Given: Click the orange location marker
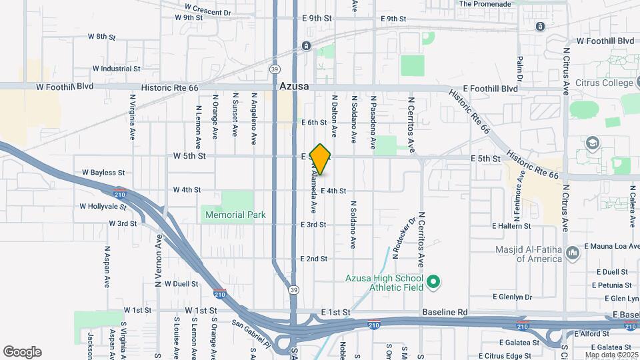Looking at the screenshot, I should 321,159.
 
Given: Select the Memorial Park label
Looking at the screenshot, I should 235,215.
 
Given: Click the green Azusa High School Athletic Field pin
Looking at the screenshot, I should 434,282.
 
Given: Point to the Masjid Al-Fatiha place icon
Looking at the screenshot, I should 572,251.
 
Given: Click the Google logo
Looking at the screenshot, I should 22,352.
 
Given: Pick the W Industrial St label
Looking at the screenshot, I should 116,69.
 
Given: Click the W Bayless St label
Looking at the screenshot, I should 103,173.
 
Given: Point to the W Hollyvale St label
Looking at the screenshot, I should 103,207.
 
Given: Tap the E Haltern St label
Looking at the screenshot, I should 511,226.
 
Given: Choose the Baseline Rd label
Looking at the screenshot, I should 445,312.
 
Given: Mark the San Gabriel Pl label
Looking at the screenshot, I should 251,333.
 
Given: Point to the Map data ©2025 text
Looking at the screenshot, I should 611,355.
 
